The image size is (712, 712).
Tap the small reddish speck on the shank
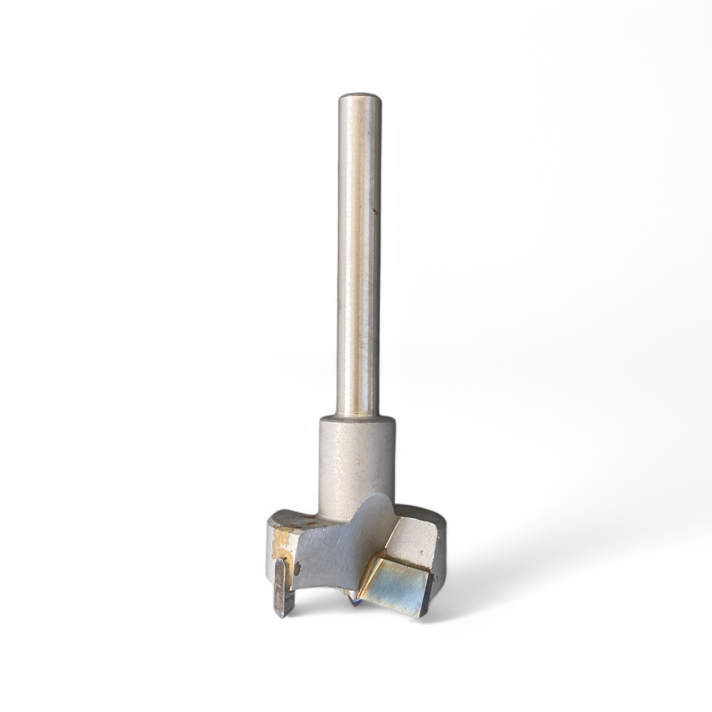coord(374,211)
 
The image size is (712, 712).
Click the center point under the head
coord(353,602)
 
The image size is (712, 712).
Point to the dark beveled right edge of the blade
coord(429,593)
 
